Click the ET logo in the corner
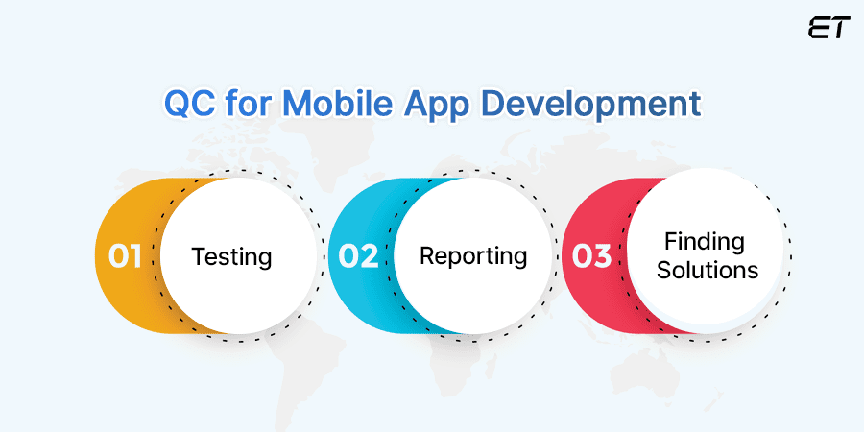pyautogui.click(x=829, y=28)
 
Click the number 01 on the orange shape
pyautogui.click(x=125, y=256)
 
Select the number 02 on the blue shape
pyautogui.click(x=358, y=256)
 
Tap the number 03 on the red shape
pyautogui.click(x=591, y=256)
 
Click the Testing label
pyautogui.click(x=231, y=257)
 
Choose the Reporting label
pyautogui.click(x=473, y=256)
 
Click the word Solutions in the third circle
pyautogui.click(x=708, y=271)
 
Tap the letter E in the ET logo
pyautogui.click(x=818, y=28)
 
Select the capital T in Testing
pyautogui.click(x=199, y=257)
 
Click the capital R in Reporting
pyautogui.click(x=427, y=256)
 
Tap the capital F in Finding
pyautogui.click(x=671, y=242)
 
